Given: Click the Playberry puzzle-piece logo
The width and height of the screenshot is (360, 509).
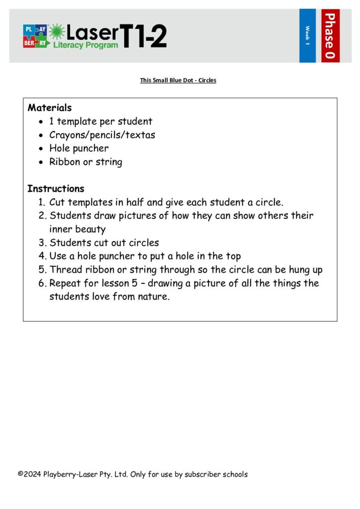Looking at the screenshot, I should click(35, 36).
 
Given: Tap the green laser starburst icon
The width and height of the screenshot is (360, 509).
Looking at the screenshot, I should click(57, 32).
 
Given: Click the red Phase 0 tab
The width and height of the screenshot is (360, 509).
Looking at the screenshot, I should click(330, 35).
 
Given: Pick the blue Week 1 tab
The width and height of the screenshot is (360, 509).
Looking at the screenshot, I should click(307, 35).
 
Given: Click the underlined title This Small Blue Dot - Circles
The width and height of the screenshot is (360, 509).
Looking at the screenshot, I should click(178, 80).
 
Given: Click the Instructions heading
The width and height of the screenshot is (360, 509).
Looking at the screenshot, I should click(56, 189).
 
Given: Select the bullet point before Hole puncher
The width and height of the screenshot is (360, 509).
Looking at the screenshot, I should click(41, 149).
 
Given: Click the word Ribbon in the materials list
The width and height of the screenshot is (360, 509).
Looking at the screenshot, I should click(63, 162).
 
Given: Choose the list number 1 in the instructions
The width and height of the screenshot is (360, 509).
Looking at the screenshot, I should click(41, 203).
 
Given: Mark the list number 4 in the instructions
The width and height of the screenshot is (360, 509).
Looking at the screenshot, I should click(42, 256).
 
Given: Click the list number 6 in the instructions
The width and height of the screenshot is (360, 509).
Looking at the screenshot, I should click(42, 283).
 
